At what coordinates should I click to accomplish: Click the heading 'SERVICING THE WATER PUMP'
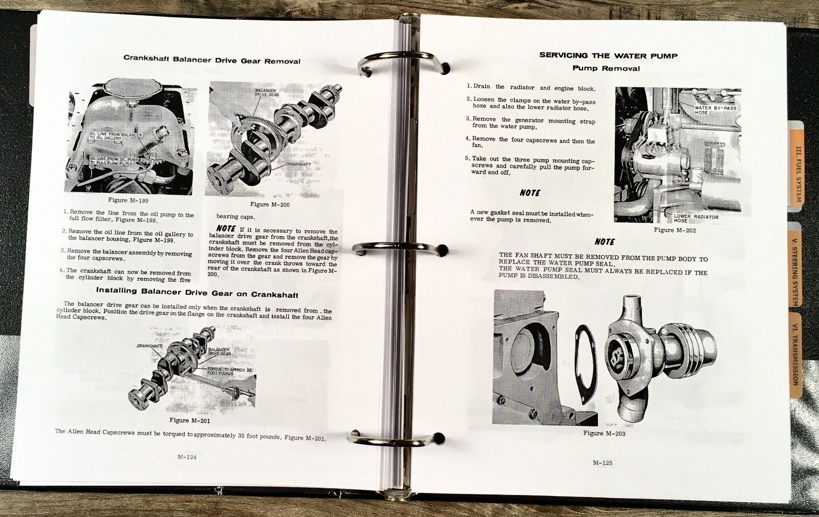click(608, 56)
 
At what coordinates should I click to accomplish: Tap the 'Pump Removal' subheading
click(606, 68)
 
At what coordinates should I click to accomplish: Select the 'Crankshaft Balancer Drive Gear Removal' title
click(212, 60)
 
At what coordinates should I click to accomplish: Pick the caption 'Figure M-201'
click(189, 420)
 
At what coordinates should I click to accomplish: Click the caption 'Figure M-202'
click(675, 230)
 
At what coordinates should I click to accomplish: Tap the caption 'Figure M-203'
click(604, 433)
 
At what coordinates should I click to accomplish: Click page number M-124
click(187, 458)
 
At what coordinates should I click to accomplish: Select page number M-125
click(602, 463)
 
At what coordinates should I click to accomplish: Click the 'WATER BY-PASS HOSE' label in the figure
click(715, 110)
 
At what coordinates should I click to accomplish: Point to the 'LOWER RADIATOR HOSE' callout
click(695, 218)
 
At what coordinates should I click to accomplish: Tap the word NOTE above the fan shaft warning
click(605, 242)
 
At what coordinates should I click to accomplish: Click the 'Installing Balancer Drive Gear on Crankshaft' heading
click(197, 293)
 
